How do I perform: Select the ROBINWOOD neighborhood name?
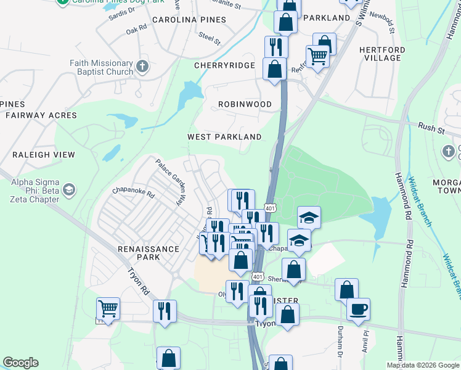coord(245,104)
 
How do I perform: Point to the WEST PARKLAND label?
coord(224,137)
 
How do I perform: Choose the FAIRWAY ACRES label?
coord(41,115)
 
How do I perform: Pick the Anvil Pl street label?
coord(365,343)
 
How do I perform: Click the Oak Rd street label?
coord(136,28)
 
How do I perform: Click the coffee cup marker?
coord(358,309)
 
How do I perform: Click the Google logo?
coord(20,363)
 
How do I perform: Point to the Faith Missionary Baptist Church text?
coord(92,67)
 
